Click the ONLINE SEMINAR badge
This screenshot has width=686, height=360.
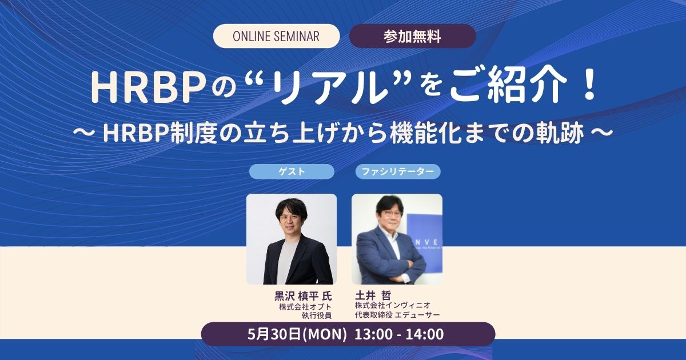click(276, 36)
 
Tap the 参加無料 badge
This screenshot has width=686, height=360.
click(412, 36)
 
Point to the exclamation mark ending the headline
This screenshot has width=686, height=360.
click(589, 86)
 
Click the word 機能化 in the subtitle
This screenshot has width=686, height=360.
click(426, 134)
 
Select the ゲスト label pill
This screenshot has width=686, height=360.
click(292, 171)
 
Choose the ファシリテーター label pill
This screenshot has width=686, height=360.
click(398, 171)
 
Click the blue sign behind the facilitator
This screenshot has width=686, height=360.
click(424, 242)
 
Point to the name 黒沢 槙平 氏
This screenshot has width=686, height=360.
click(303, 297)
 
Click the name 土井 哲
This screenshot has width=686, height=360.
click(373, 295)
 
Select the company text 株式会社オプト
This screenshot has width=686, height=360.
click(305, 307)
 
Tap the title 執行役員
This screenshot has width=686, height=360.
click(317, 315)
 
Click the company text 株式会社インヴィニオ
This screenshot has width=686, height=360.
click(393, 305)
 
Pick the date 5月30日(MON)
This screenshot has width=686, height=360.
click(297, 334)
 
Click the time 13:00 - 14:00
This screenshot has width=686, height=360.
click(399, 334)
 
